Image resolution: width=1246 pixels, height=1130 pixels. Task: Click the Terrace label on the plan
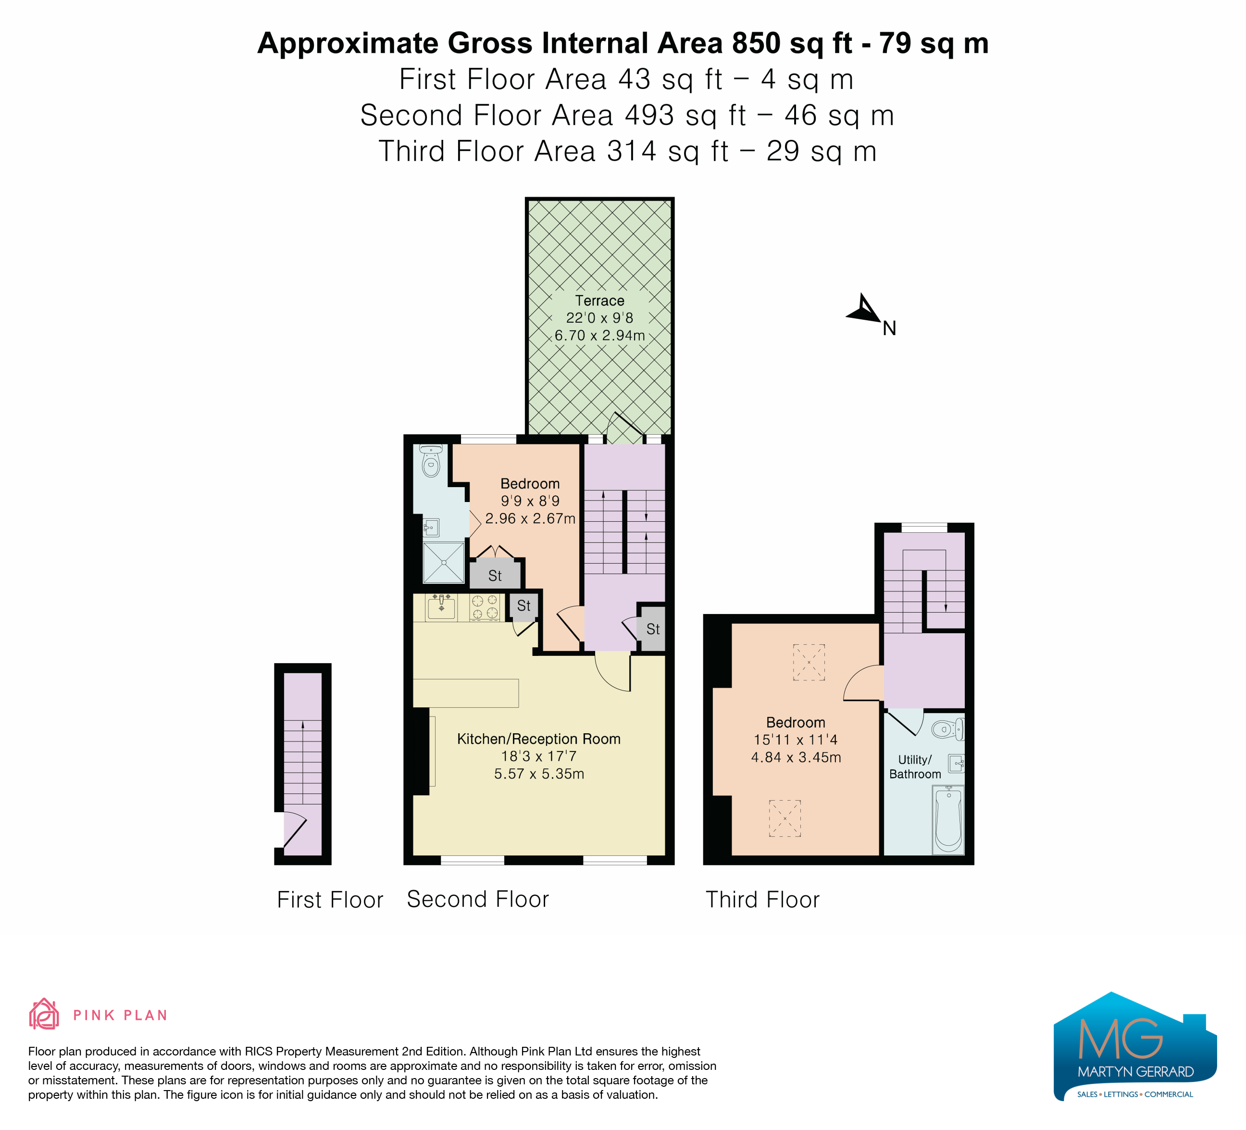[x=599, y=301]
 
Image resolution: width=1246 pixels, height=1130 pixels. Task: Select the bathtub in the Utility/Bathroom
[x=948, y=820]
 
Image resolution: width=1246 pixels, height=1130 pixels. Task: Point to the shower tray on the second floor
[x=443, y=563]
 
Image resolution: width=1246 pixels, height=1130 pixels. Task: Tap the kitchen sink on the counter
[x=441, y=608]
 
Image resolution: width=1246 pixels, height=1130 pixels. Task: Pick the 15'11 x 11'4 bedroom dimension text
[x=796, y=740]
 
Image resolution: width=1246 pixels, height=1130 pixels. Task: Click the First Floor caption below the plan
[x=330, y=900]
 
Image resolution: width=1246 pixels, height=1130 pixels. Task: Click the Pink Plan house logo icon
[x=44, y=1015]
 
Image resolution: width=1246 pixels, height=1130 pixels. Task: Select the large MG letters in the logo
[x=1120, y=1039]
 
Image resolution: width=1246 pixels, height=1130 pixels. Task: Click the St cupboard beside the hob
[x=523, y=606]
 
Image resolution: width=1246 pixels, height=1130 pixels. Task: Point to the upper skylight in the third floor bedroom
[x=809, y=663]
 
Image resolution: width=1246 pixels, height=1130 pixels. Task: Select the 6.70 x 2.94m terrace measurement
[x=599, y=336]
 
